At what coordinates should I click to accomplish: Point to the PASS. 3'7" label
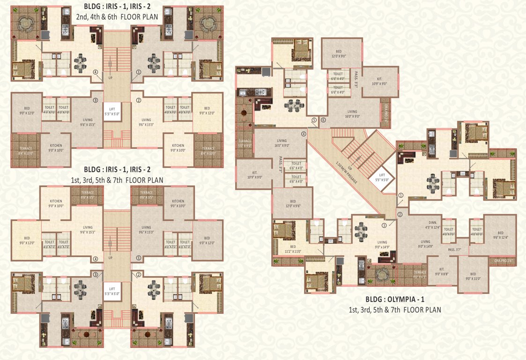pos(455,249)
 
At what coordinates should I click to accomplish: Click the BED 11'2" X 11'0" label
pos(293,249)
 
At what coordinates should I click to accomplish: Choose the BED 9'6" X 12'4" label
pos(500,235)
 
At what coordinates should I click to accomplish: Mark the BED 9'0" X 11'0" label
pos(473,276)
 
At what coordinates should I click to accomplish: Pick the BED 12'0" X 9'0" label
pos(341,53)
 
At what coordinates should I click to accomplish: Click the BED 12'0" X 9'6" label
pos(293,202)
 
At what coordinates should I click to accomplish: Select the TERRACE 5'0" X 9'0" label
pos(245,143)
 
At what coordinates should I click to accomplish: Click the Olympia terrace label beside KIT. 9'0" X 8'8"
pos(420,274)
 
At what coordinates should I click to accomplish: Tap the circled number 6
pos(323,120)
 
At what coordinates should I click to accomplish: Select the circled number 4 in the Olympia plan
pos(304,134)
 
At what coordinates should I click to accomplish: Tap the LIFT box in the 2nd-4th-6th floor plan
pos(112,111)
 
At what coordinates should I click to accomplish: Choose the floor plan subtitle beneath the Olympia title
pos(394,309)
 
